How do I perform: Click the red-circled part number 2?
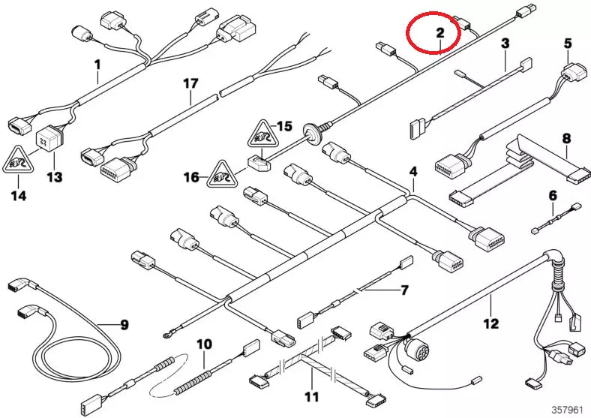pyautogui.click(x=440, y=32)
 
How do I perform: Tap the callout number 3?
pyautogui.click(x=505, y=44)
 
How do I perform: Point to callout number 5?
pyautogui.click(x=568, y=43)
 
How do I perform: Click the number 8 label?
pyautogui.click(x=566, y=138)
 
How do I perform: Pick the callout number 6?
pyautogui.click(x=553, y=195)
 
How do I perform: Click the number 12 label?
pyautogui.click(x=490, y=324)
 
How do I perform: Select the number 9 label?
pyautogui.click(x=124, y=325)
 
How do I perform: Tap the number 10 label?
pyautogui.click(x=204, y=344)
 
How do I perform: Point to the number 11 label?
pyautogui.click(x=311, y=395)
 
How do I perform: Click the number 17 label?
pyautogui.click(x=191, y=85)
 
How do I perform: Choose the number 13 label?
pyautogui.click(x=55, y=177)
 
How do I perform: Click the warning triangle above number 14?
pyautogui.click(x=20, y=160)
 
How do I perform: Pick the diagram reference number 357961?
pyautogui.click(x=568, y=409)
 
